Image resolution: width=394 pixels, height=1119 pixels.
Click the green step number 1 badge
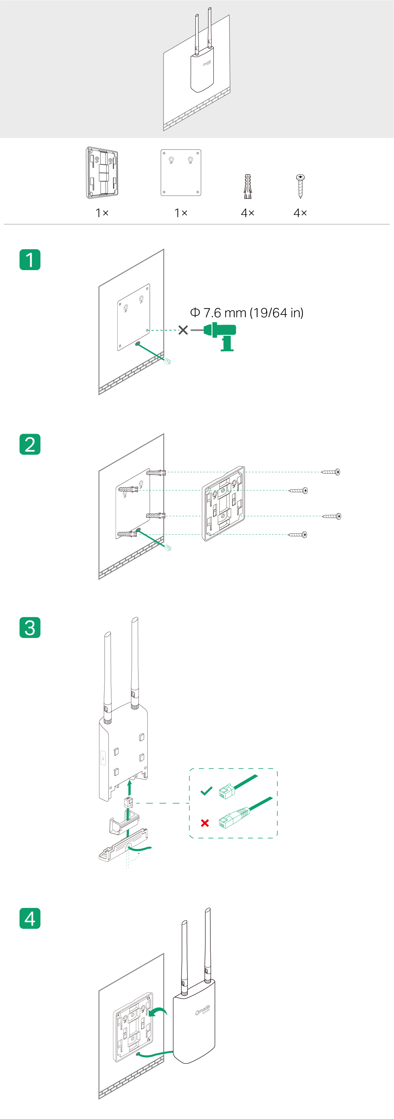tap(30, 260)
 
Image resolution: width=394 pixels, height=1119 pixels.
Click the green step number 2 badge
tap(30, 445)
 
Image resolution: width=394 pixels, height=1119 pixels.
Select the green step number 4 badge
tap(30, 918)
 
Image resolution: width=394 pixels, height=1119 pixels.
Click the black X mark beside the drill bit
tap(183, 330)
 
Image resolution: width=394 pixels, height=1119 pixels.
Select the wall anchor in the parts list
tap(247, 186)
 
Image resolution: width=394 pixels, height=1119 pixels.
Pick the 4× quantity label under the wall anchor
tap(248, 213)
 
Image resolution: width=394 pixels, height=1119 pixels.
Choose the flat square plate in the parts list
tap(181, 172)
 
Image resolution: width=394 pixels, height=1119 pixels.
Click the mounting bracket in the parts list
tap(102, 173)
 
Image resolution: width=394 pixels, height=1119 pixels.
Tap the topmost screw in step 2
tap(331, 472)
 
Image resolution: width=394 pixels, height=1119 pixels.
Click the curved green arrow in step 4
tap(158, 1012)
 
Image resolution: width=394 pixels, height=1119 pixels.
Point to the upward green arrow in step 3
tap(129, 787)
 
